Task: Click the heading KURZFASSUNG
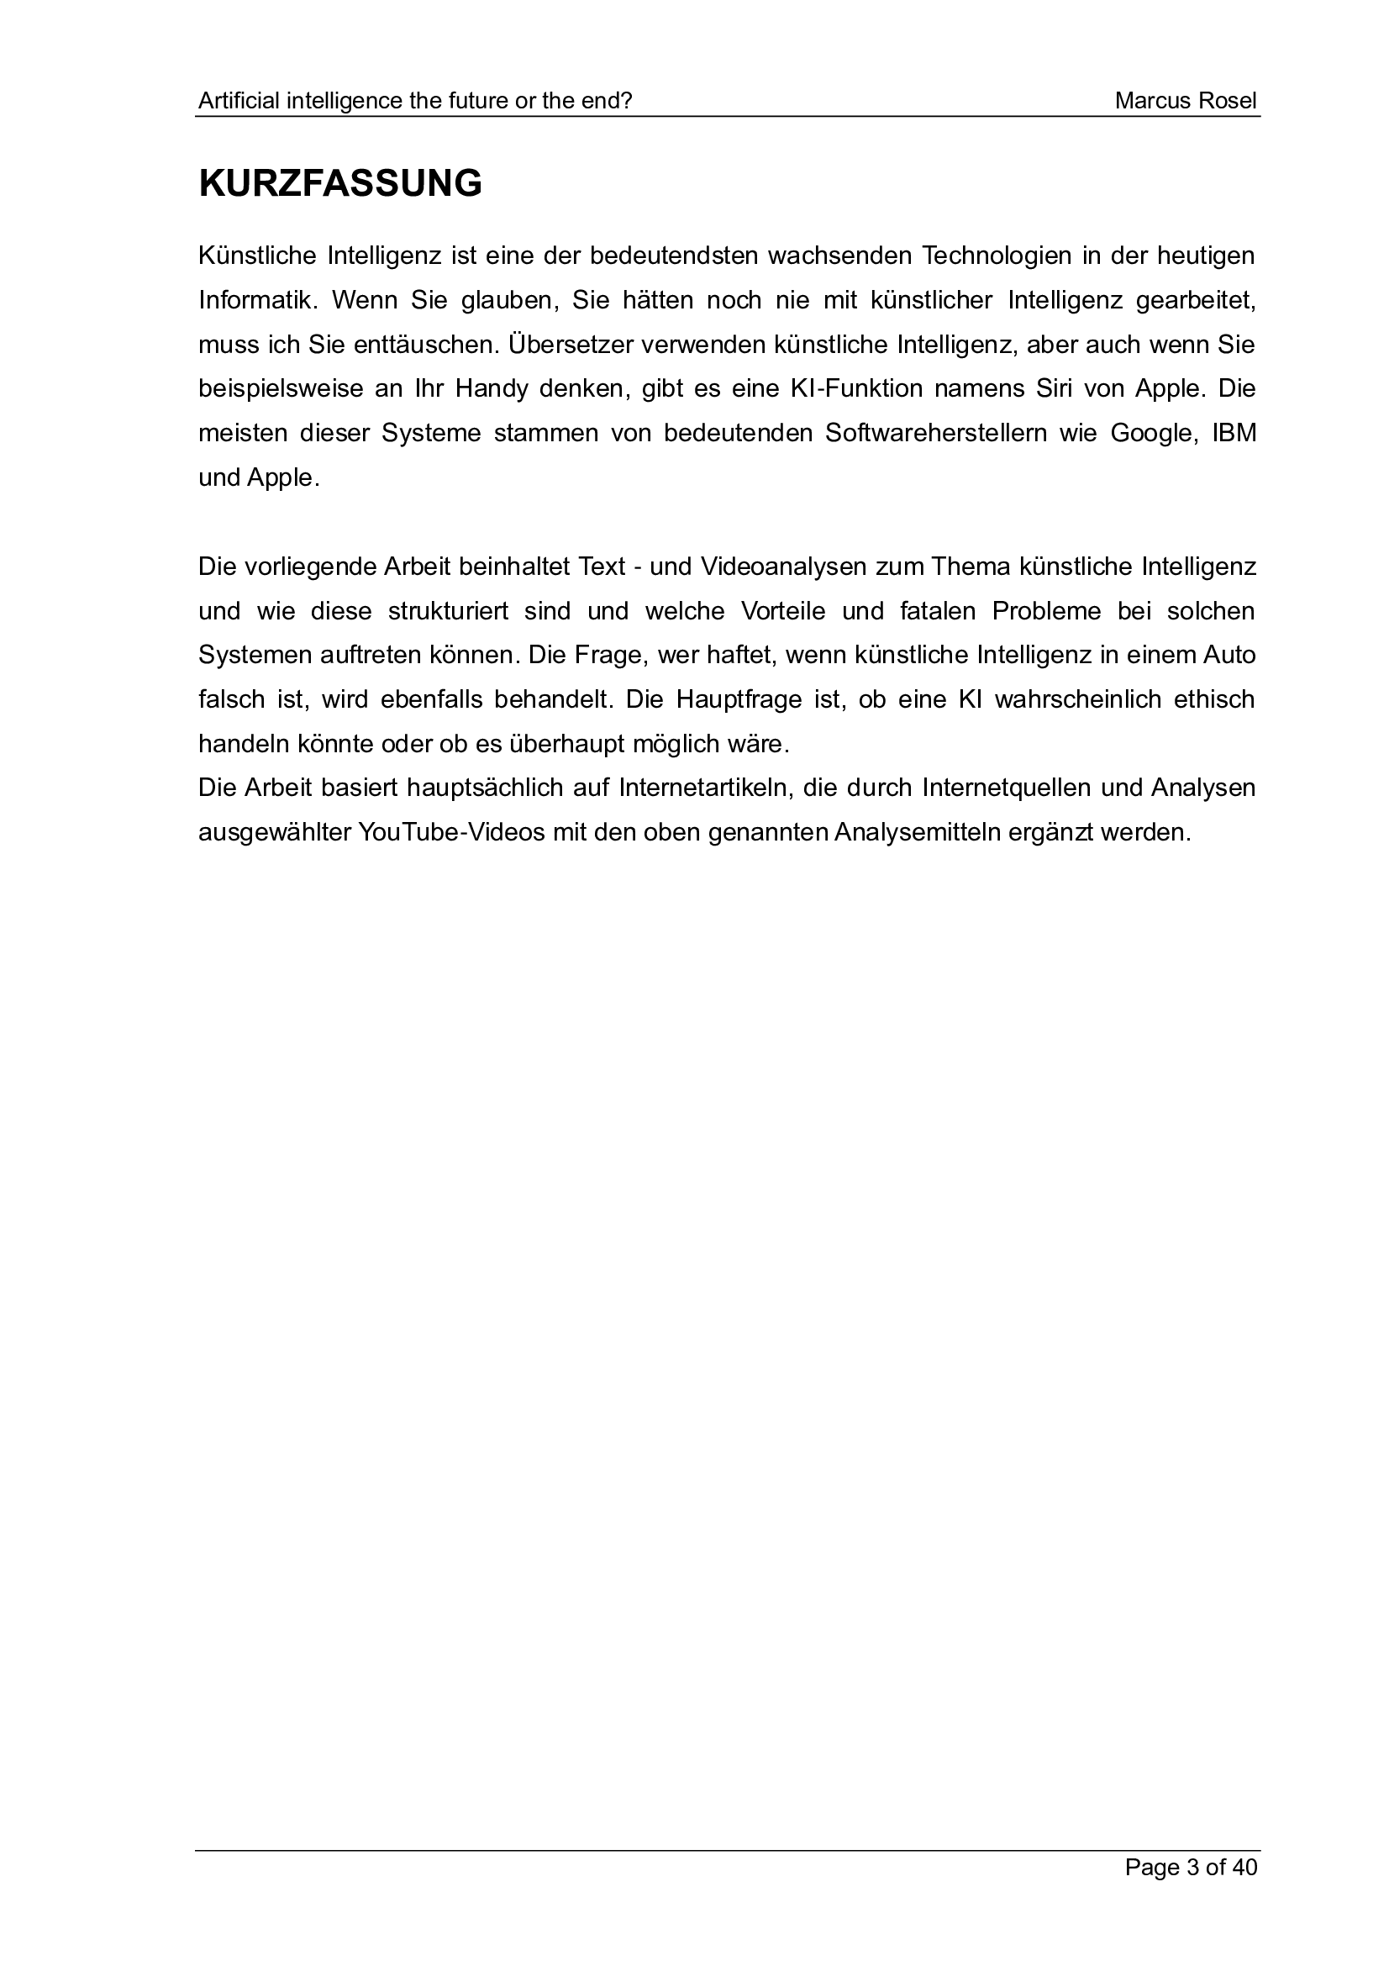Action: (x=339, y=184)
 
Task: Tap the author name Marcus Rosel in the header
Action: (x=1186, y=101)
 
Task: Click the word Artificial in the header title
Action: (x=239, y=101)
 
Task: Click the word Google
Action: (x=1151, y=433)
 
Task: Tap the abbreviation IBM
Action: (x=1234, y=433)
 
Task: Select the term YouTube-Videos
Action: (x=452, y=832)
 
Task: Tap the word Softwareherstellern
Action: (x=936, y=433)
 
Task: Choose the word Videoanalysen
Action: (x=781, y=567)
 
